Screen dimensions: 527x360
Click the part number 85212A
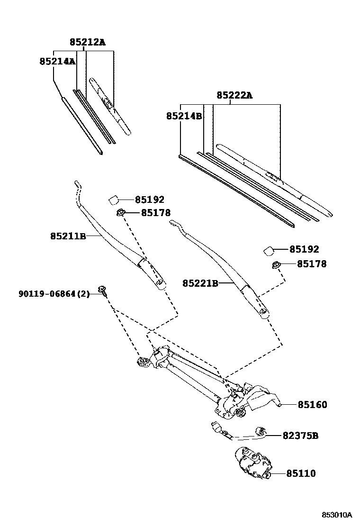click(87, 42)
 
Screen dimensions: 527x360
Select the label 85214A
click(57, 61)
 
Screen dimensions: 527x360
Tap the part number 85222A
click(234, 95)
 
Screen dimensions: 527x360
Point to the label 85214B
click(184, 116)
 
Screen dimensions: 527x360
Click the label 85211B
click(68, 236)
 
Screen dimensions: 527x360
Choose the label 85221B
click(200, 283)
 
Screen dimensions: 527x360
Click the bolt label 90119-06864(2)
click(54, 294)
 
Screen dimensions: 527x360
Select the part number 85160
click(312, 405)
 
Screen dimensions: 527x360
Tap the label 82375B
click(300, 436)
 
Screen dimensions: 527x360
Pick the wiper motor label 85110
click(300, 473)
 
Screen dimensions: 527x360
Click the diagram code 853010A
click(337, 515)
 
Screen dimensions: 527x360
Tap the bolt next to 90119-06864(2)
click(102, 290)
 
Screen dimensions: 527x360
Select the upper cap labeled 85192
click(114, 200)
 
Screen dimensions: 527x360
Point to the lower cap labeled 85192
click(269, 250)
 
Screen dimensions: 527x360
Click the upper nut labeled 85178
click(121, 213)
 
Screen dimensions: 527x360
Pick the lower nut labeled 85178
click(275, 264)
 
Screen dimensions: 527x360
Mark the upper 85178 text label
click(155, 213)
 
